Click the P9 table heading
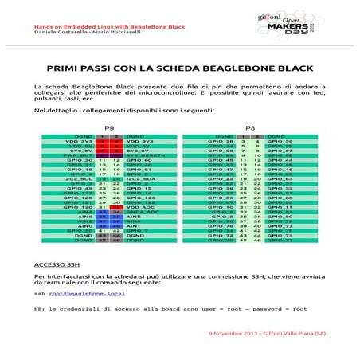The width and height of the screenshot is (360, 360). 110,127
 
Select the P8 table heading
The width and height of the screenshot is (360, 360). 250,127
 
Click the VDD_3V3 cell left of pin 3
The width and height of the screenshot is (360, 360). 82,142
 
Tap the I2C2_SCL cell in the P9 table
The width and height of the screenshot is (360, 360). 81,180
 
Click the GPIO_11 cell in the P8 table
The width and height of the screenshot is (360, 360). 285,206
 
